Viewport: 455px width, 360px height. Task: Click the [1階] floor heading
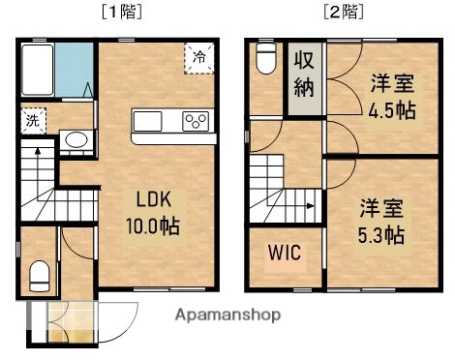pyautogui.click(x=120, y=14)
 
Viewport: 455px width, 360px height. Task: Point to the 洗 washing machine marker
pyautogui.click(x=31, y=122)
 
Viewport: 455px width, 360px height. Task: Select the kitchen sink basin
pyautogui.click(x=150, y=121)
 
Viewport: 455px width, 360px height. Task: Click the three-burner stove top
pyautogui.click(x=196, y=121)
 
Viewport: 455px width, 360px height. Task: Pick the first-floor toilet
pyautogui.click(x=39, y=276)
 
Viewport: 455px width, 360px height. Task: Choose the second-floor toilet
pyautogui.click(x=266, y=60)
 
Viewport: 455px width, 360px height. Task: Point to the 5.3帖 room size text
pyautogui.click(x=380, y=235)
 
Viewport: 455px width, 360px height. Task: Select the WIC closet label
pyautogui.click(x=284, y=253)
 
